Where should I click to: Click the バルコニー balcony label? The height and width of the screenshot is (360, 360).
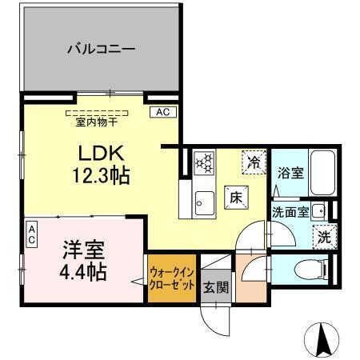click(100, 49)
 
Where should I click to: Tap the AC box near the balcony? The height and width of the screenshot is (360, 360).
click(162, 112)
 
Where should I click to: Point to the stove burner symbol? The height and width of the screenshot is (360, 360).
click(206, 164)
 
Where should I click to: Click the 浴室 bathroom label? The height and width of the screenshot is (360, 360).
click(290, 172)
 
